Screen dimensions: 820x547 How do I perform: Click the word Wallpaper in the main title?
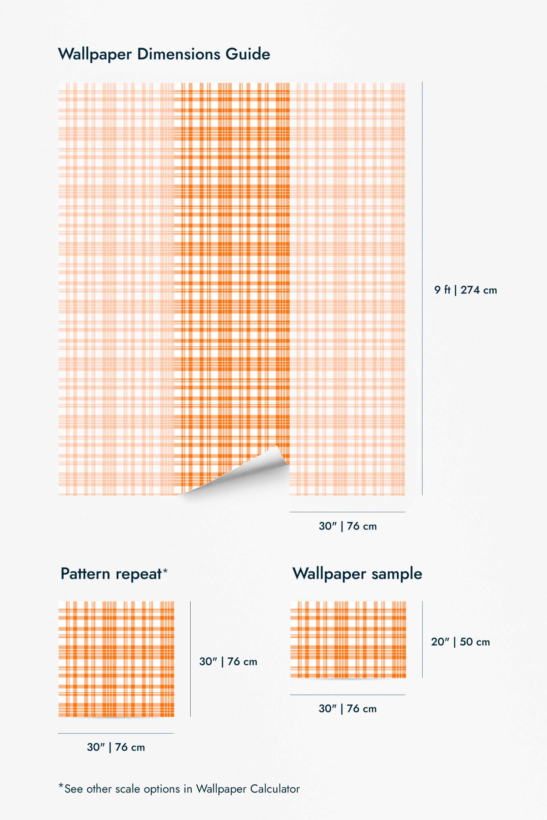(95, 55)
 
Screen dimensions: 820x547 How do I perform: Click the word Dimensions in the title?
(178, 54)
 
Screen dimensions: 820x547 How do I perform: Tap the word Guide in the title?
(248, 54)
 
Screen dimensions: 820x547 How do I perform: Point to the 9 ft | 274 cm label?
(465, 290)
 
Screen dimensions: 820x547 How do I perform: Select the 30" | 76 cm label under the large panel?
(347, 526)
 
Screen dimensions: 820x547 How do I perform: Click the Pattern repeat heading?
(111, 574)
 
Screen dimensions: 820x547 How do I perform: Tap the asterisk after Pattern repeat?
(165, 570)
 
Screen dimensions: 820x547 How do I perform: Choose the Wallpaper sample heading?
(357, 574)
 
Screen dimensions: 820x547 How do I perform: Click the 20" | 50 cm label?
(460, 642)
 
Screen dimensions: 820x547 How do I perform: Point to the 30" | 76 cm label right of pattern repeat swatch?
(228, 662)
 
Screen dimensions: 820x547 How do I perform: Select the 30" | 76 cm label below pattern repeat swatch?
(116, 747)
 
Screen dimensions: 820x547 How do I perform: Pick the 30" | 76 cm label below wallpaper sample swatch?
(347, 709)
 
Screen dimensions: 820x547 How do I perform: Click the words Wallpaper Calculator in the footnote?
(248, 789)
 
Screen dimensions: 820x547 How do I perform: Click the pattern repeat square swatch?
(116, 659)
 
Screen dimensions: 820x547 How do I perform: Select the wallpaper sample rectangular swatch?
(348, 639)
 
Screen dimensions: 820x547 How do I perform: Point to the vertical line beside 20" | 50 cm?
(422, 639)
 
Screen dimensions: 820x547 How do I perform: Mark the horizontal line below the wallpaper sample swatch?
(347, 695)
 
